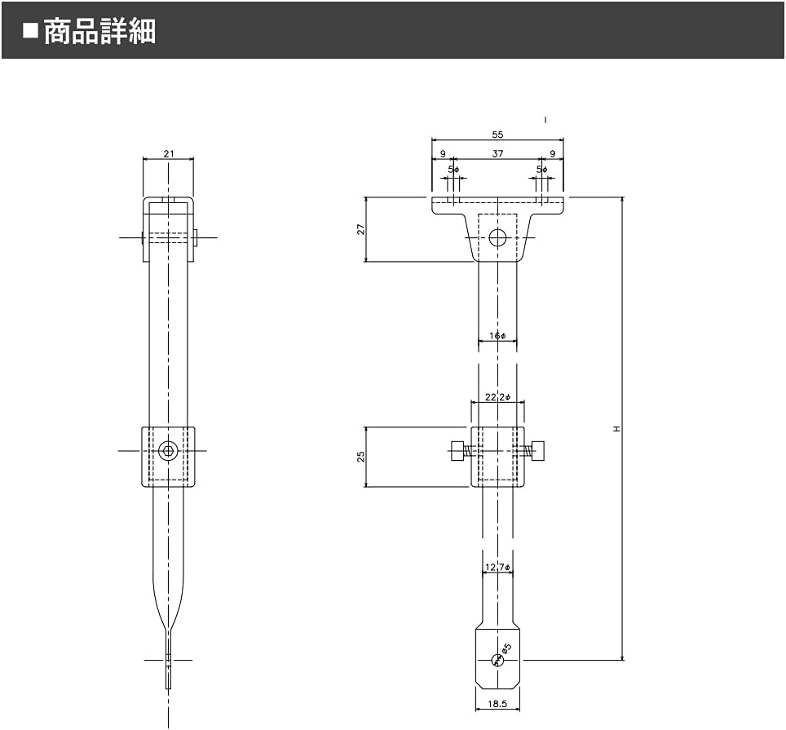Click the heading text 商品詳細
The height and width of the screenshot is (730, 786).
click(99, 31)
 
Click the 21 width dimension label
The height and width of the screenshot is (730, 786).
click(168, 153)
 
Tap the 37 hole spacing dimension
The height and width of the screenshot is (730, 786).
click(497, 153)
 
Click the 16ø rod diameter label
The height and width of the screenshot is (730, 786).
click(497, 336)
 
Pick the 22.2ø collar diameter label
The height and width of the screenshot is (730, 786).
click(497, 397)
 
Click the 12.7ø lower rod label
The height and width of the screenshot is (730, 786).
click(497, 567)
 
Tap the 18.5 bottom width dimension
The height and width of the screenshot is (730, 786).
click(497, 703)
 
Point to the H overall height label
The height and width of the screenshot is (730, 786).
click(617, 428)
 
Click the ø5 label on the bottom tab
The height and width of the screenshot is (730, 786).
click(506, 649)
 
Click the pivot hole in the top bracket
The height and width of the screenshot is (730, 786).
click(497, 238)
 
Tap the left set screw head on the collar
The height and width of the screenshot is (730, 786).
click(457, 450)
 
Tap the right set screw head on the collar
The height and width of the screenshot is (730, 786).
click(538, 450)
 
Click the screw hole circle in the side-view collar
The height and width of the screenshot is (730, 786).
click(169, 450)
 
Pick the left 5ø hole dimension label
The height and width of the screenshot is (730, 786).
click(454, 170)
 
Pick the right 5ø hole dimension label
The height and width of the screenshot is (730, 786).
click(542, 170)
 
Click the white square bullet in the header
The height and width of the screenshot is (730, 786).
click(31, 31)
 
